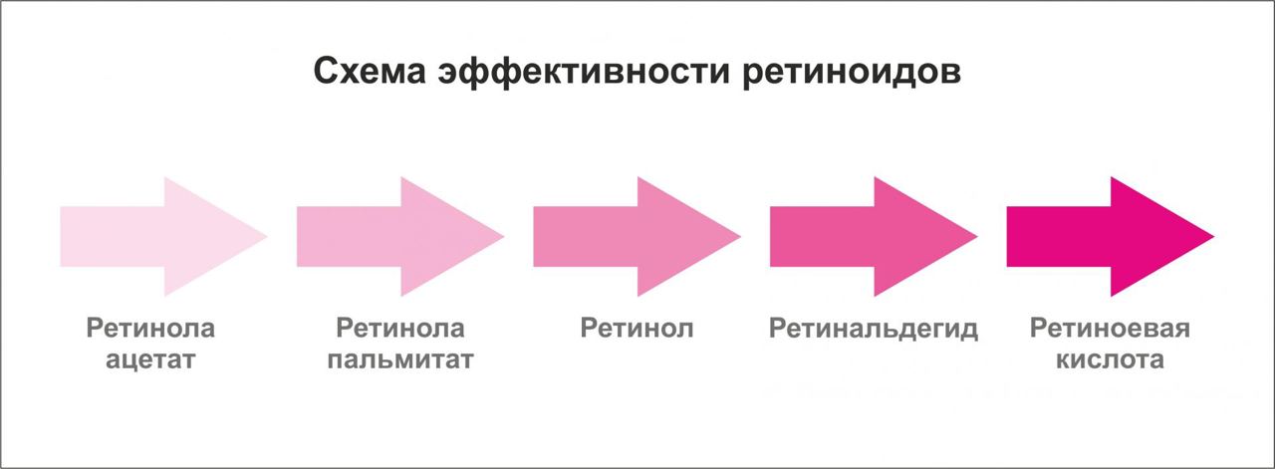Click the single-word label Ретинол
[x=637, y=329]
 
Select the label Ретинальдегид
[x=874, y=330]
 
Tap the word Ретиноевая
[x=1111, y=329]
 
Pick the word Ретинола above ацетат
[x=150, y=329]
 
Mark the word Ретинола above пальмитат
[x=399, y=329]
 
